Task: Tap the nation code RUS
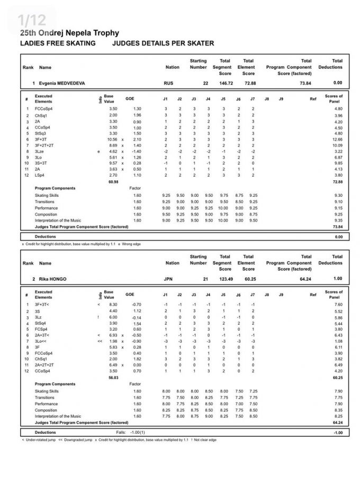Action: point(169,83)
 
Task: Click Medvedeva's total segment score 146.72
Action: point(226,83)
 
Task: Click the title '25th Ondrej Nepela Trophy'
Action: point(68,33)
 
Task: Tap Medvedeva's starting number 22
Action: point(205,83)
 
